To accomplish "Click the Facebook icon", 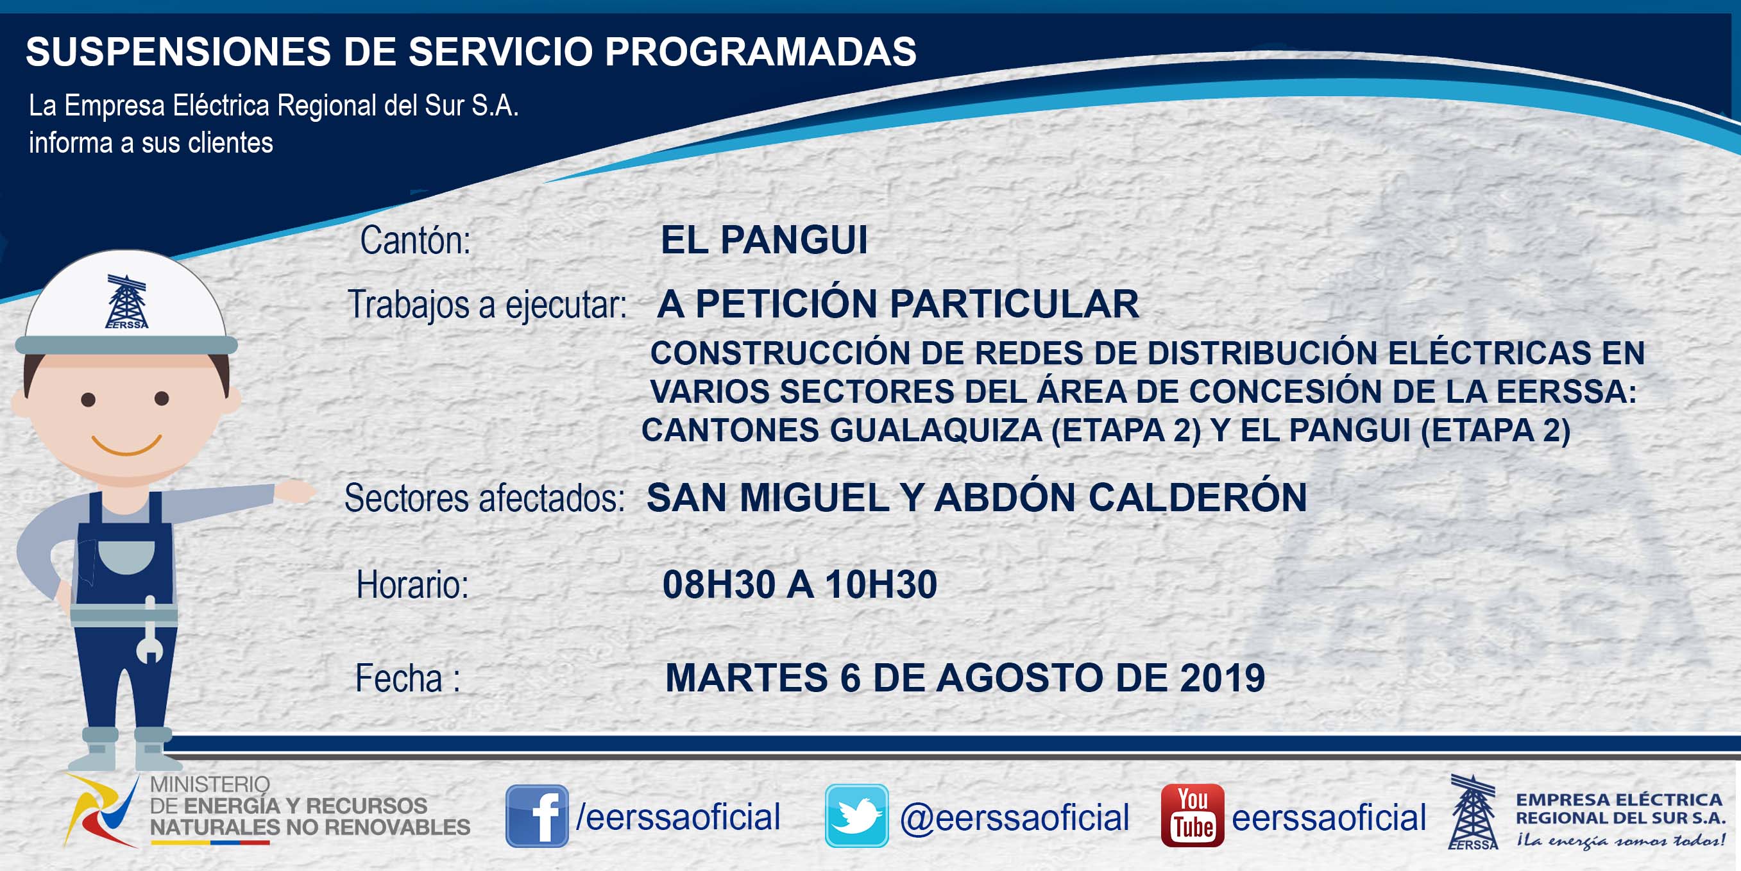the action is point(537,816).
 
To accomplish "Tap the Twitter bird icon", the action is point(856,816).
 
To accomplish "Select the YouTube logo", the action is point(1192,816).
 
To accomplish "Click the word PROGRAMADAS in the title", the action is point(760,51).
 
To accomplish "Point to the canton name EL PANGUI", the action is point(764,240).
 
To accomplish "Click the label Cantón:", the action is point(415,241).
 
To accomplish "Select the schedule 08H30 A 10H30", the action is point(799,584).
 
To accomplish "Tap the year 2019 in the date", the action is point(1222,678).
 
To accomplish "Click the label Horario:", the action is point(412,584).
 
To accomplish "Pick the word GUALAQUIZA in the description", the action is point(936,430).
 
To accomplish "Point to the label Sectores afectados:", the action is point(484,498).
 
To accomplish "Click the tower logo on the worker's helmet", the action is point(126,301).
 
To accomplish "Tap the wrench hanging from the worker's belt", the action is point(149,630).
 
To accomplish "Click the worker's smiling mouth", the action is point(126,445).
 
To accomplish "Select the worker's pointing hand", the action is point(294,491).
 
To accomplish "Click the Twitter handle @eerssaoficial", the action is point(1014,818).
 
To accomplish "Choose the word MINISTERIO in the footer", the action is point(210,784).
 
